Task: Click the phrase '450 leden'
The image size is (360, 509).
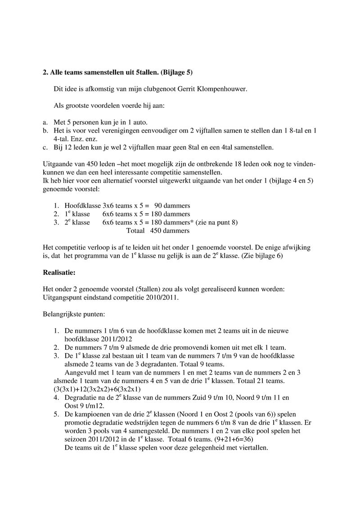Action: click(92, 165)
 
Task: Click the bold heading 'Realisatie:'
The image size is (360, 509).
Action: click(58, 272)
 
